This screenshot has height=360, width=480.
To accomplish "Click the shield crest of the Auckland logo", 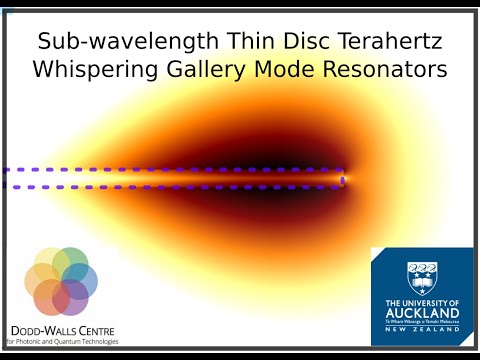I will pyautogui.click(x=420, y=276).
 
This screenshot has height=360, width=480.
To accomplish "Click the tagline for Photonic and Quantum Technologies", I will pyautogui.click(x=62, y=341).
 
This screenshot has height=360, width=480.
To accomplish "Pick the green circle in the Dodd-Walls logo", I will pyautogui.click(x=70, y=265).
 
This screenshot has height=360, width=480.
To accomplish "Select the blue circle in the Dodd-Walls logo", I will pyautogui.click(x=82, y=282).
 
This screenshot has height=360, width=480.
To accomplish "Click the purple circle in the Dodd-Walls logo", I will pyautogui.click(x=71, y=298).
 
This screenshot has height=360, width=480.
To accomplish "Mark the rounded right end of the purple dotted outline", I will pyautogui.click(x=343, y=179).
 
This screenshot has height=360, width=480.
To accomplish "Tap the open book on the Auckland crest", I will pyautogui.click(x=420, y=279).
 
